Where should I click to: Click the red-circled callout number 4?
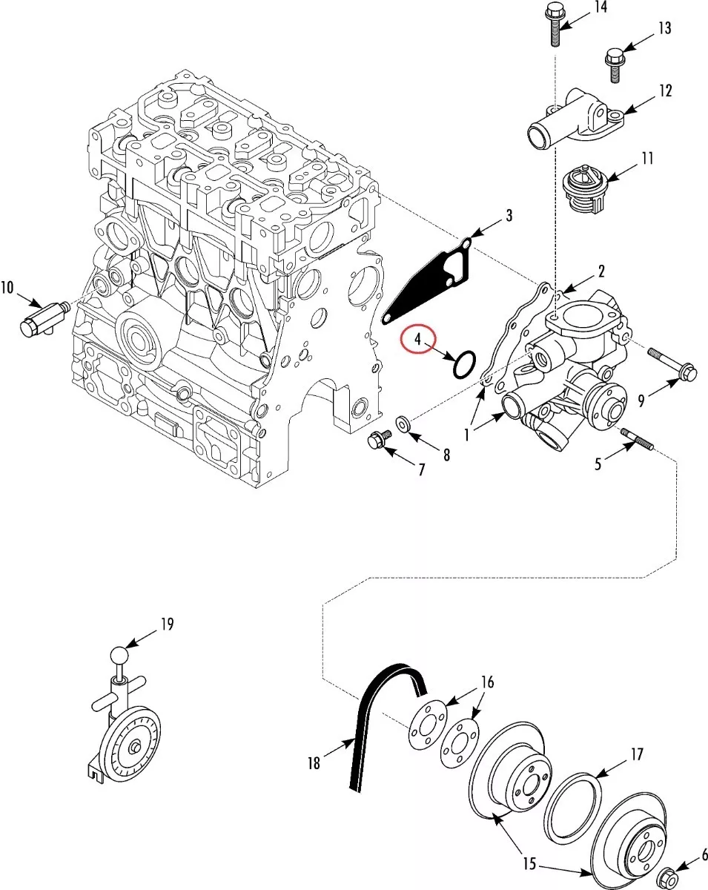pos(418,339)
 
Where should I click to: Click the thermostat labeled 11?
pos(584,189)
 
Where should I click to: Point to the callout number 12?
pos(666,91)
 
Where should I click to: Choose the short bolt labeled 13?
pos(615,65)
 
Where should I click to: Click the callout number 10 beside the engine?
pos(7,288)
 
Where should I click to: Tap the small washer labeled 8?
pos(403,423)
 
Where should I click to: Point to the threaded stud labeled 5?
pos(637,440)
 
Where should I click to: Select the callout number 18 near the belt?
pos(314,763)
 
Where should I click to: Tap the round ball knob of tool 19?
pos(119,656)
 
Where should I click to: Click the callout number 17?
pos(638,754)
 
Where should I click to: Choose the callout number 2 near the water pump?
pos(601,271)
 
